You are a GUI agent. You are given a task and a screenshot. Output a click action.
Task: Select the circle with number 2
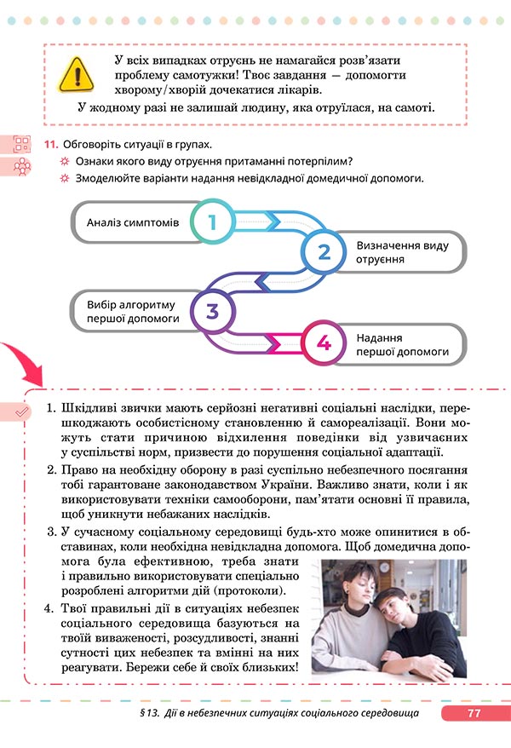[323, 251]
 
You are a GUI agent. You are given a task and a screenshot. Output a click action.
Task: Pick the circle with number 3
[211, 311]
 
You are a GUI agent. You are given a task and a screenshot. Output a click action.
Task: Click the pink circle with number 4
[323, 342]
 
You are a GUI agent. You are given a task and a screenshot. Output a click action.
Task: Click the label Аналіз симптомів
[133, 222]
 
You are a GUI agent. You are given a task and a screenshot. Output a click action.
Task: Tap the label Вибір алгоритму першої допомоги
[132, 311]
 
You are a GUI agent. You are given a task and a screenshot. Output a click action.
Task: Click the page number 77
[474, 713]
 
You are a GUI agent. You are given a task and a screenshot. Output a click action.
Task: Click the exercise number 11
[50, 144]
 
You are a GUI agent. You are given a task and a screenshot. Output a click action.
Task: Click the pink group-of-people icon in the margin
[21, 167]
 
